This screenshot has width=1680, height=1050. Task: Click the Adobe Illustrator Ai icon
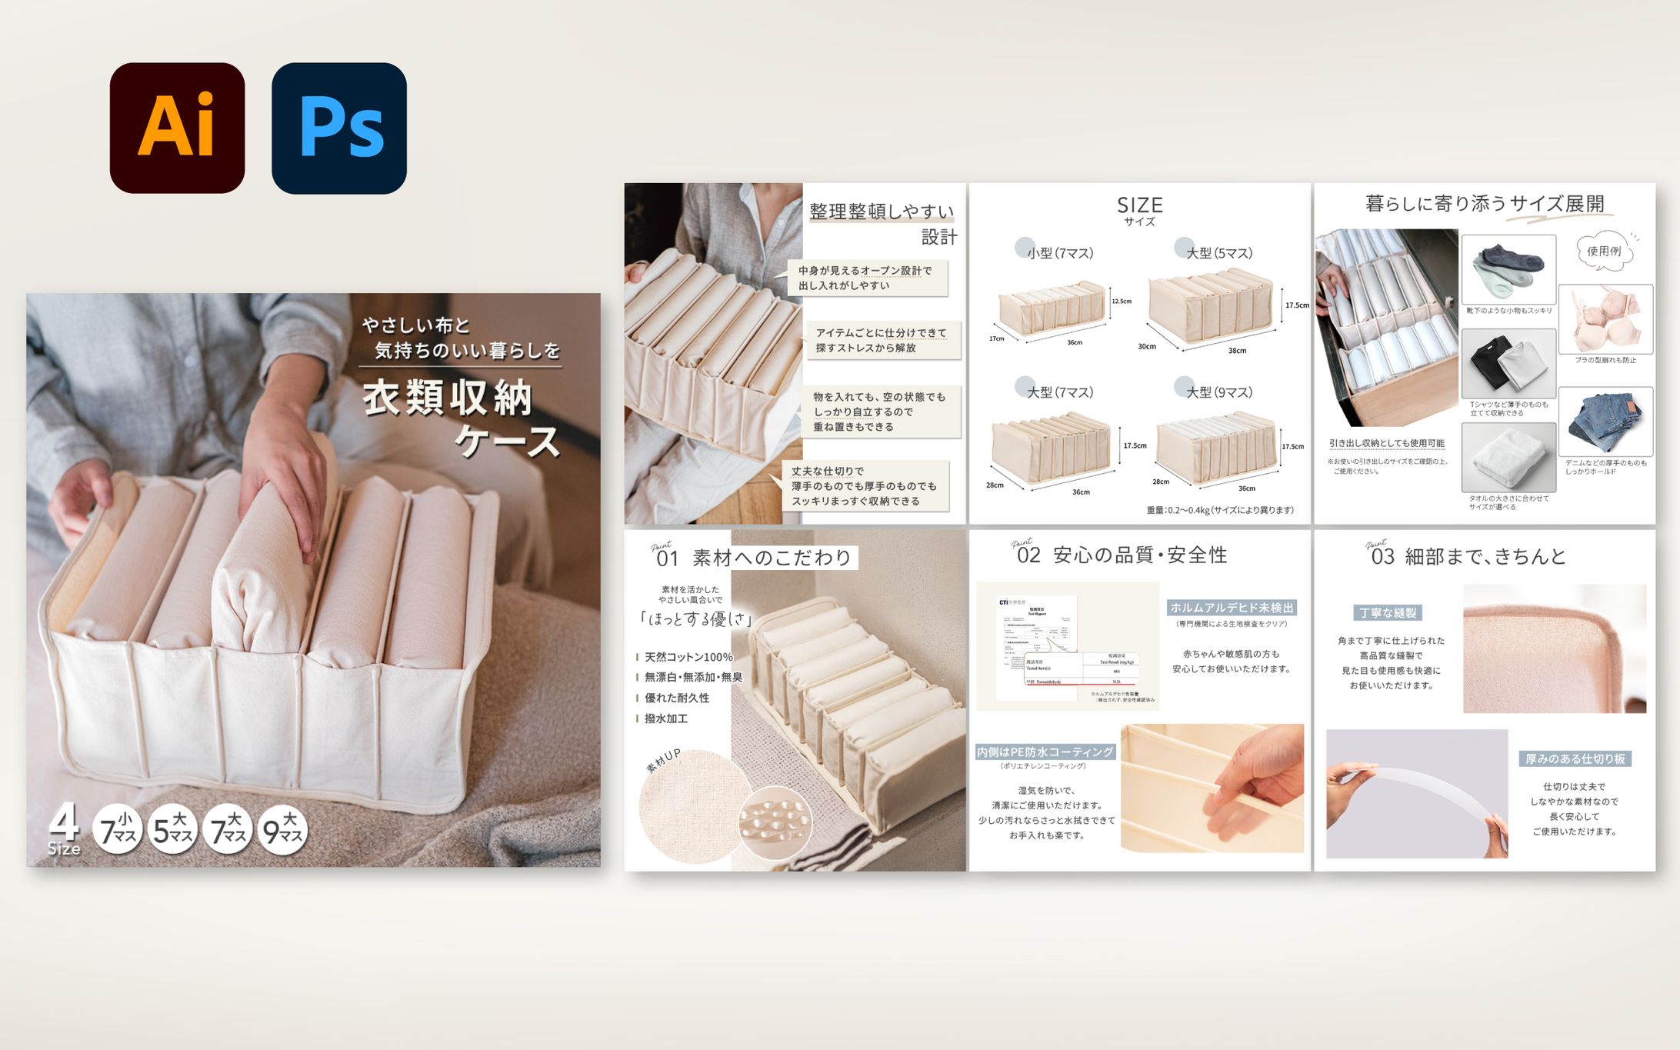tap(177, 128)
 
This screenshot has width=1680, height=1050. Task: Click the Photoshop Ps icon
tap(339, 128)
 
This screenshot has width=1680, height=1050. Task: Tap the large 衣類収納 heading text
tap(448, 398)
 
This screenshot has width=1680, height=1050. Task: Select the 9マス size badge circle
tap(283, 830)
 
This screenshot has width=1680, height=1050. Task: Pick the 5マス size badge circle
tap(172, 830)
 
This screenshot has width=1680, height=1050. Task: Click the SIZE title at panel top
tap(1139, 205)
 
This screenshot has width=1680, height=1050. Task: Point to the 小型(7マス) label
tap(1060, 253)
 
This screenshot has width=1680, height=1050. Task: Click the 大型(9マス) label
tap(1219, 392)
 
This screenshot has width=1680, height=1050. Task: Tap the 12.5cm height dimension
tap(1122, 301)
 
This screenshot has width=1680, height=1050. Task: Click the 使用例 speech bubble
tap(1604, 251)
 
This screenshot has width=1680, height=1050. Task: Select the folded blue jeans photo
tap(1605, 421)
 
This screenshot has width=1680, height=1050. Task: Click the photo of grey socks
tap(1508, 269)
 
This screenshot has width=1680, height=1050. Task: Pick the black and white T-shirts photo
tap(1508, 363)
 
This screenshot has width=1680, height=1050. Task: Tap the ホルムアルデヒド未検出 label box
tap(1232, 608)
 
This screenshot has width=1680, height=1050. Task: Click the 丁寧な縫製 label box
tap(1388, 613)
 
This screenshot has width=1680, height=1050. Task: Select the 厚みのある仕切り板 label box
tap(1575, 759)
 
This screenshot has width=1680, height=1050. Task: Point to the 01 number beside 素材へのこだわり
tap(666, 558)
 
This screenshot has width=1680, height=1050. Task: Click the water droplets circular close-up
tap(775, 823)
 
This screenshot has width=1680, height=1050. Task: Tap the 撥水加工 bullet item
tap(666, 718)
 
